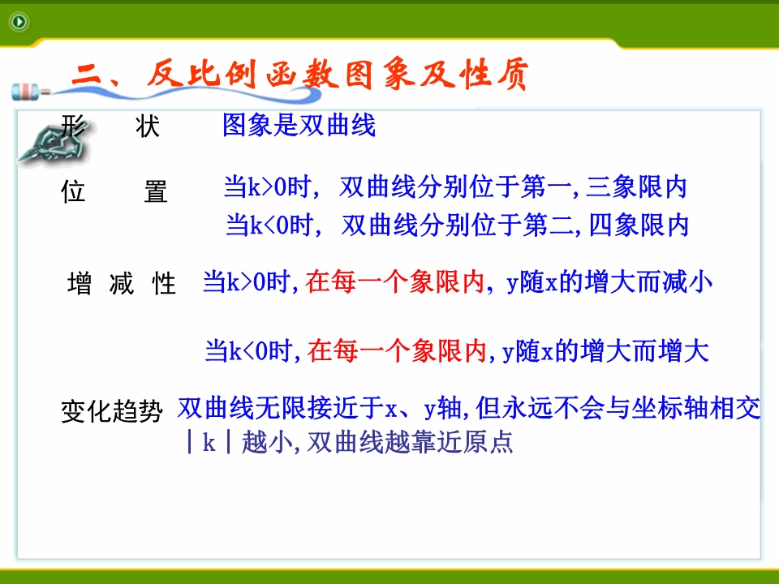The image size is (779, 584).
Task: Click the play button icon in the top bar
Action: tap(19, 22)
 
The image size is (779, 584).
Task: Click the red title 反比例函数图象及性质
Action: tap(338, 75)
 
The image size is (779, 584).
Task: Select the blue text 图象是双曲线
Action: tap(299, 125)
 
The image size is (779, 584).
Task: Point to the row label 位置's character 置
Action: tap(156, 191)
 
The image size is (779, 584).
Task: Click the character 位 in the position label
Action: tap(73, 191)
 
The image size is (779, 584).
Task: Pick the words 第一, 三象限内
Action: tap(604, 187)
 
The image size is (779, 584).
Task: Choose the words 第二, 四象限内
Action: tap(606, 225)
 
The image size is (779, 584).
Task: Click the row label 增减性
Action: tap(122, 284)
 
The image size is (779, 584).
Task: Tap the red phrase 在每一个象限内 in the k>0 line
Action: tap(395, 281)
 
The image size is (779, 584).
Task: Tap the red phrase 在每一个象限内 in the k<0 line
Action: tap(397, 350)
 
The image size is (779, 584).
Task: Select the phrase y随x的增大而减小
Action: tap(609, 282)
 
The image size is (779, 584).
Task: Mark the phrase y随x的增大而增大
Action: tap(605, 350)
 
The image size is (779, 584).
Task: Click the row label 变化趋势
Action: tap(112, 412)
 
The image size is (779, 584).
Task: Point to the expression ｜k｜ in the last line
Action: tap(209, 441)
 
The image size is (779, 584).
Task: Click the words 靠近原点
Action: tap(463, 441)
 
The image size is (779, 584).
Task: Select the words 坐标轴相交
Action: tap(696, 408)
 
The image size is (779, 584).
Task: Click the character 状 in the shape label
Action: tap(148, 127)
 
